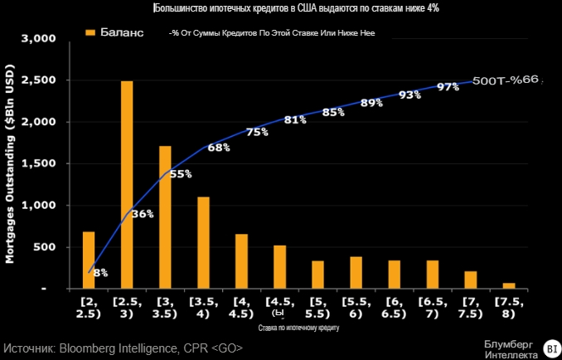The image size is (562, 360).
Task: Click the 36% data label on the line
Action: tap(143, 213)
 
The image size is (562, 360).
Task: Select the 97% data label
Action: tap(448, 86)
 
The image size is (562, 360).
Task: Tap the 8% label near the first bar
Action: tap(100, 272)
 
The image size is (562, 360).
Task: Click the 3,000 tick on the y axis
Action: tap(39, 39)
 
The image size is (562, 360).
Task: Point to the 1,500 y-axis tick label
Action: tap(39, 163)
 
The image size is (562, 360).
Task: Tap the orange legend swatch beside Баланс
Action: tap(89, 33)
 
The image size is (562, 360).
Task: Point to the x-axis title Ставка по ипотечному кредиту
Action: tap(298, 328)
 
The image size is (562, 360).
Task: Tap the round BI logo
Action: tap(550, 348)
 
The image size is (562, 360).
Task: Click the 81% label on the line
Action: tap(295, 119)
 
